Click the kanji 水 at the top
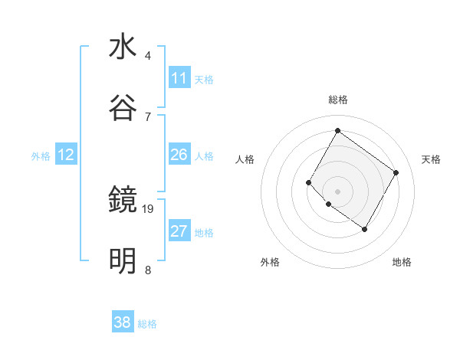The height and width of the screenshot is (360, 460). coord(123,47)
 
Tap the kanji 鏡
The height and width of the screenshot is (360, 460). coord(123,201)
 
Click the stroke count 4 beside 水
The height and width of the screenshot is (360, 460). coord(147,56)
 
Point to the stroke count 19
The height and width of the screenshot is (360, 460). coord(148,208)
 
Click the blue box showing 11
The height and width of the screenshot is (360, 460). coord(179,78)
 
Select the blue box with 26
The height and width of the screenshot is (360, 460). coord(179,155)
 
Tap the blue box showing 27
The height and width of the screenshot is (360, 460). coord(179,231)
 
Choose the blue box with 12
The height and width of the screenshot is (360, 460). coord(66,155)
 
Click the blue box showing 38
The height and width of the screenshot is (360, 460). coord(123,322)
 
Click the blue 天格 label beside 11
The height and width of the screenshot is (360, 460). coord(204,79)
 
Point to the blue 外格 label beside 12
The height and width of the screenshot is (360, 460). coord(41,155)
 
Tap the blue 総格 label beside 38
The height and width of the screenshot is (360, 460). coord(147,323)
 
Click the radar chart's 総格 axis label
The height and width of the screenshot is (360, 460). coord(337,100)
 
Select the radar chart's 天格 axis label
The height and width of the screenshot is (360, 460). coord(431,159)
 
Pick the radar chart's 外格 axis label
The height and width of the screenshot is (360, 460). coord(270,262)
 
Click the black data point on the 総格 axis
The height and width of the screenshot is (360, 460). coord(337,130)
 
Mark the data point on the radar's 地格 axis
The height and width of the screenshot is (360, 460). coord(364,229)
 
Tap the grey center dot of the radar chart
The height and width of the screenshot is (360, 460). coord(337,191)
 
